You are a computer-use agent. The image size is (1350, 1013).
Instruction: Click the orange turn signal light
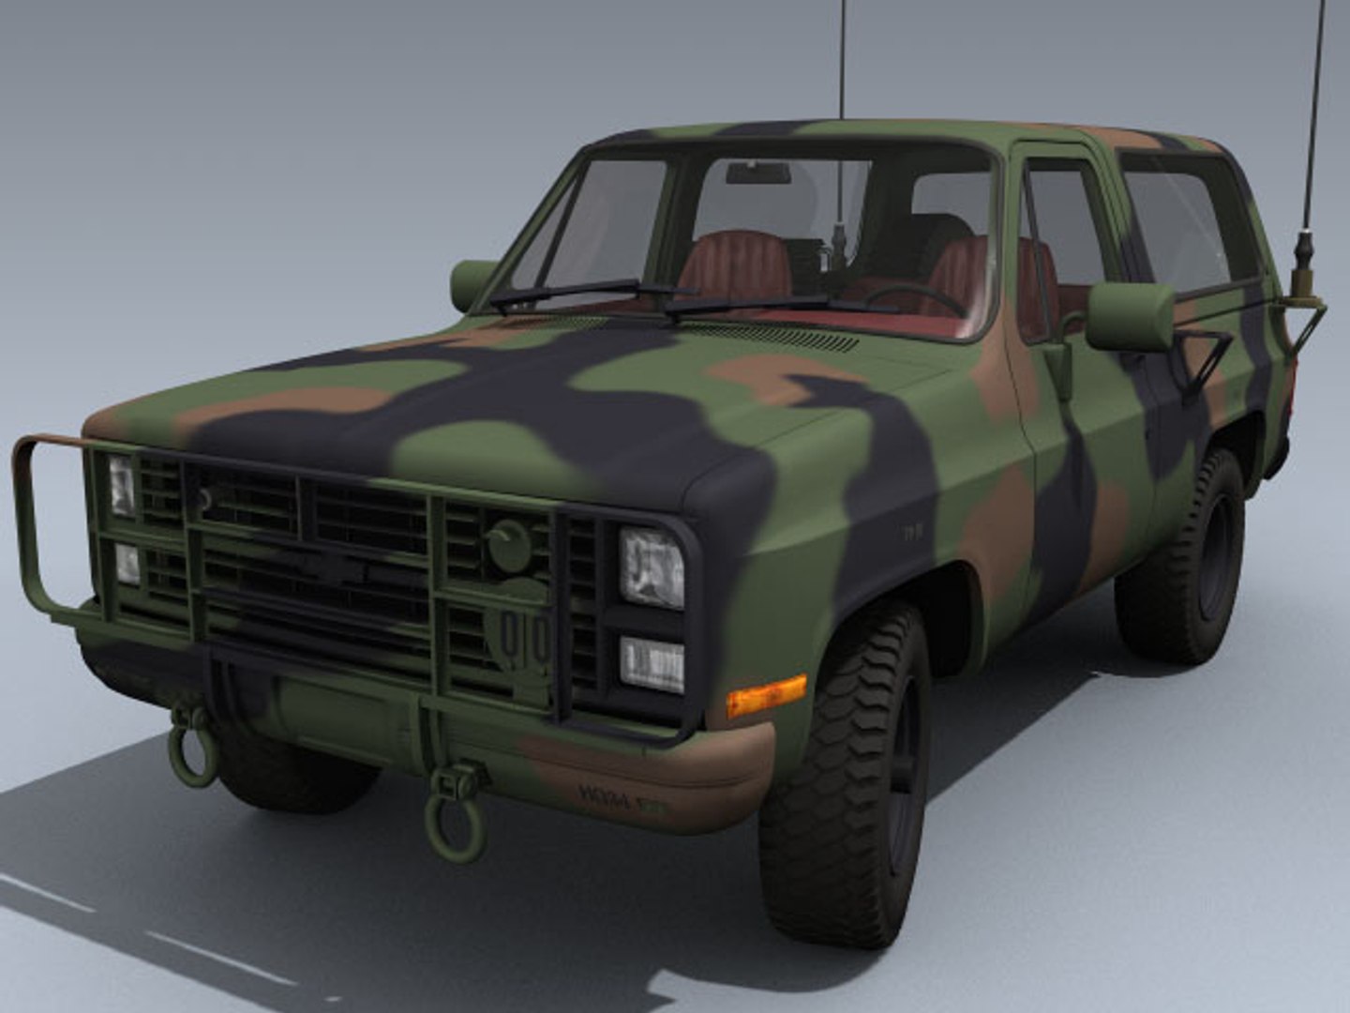coord(766,695)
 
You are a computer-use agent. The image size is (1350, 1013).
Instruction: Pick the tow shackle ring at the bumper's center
coord(456,816)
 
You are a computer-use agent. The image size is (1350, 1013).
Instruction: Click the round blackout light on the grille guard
coord(509,546)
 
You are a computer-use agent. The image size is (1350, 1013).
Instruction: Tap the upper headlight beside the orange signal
coord(652,567)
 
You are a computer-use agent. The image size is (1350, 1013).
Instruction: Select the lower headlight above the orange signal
coord(652,664)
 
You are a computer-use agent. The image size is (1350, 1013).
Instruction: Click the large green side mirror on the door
coord(1130,317)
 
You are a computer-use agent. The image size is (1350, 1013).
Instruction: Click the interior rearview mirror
coord(757,174)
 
